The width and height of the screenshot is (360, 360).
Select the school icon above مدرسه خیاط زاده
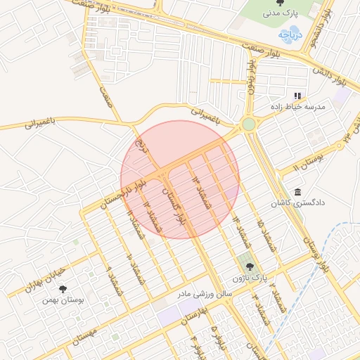pos(297,95)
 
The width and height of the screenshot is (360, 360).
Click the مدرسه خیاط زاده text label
pos(298,107)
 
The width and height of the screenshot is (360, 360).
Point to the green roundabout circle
pos(248,124)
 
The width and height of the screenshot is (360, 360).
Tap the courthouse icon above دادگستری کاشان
pos(297,192)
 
